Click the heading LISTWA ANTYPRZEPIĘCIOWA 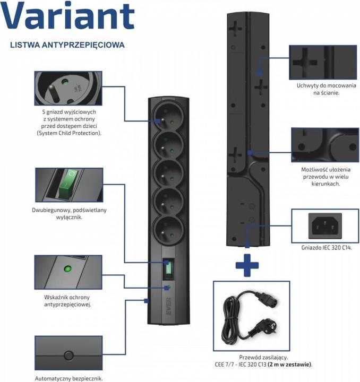point(67,45)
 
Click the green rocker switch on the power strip point(168,268)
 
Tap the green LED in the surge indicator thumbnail point(67,268)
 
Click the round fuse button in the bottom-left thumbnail point(68,355)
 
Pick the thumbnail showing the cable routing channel point(323,144)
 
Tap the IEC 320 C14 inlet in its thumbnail point(323,225)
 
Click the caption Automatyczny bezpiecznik point(68,378)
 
